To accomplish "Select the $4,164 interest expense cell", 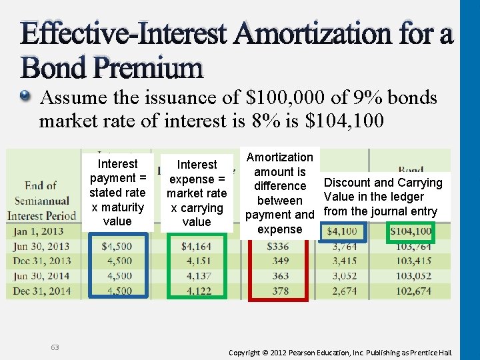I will point(196,247).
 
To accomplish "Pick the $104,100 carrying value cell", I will point(411,231).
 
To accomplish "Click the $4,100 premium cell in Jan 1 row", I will point(343,231).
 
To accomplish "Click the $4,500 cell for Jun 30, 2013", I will point(117,247).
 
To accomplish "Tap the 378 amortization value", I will point(280,291).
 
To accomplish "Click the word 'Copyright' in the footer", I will point(250,351).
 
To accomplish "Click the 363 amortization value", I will point(280,276).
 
